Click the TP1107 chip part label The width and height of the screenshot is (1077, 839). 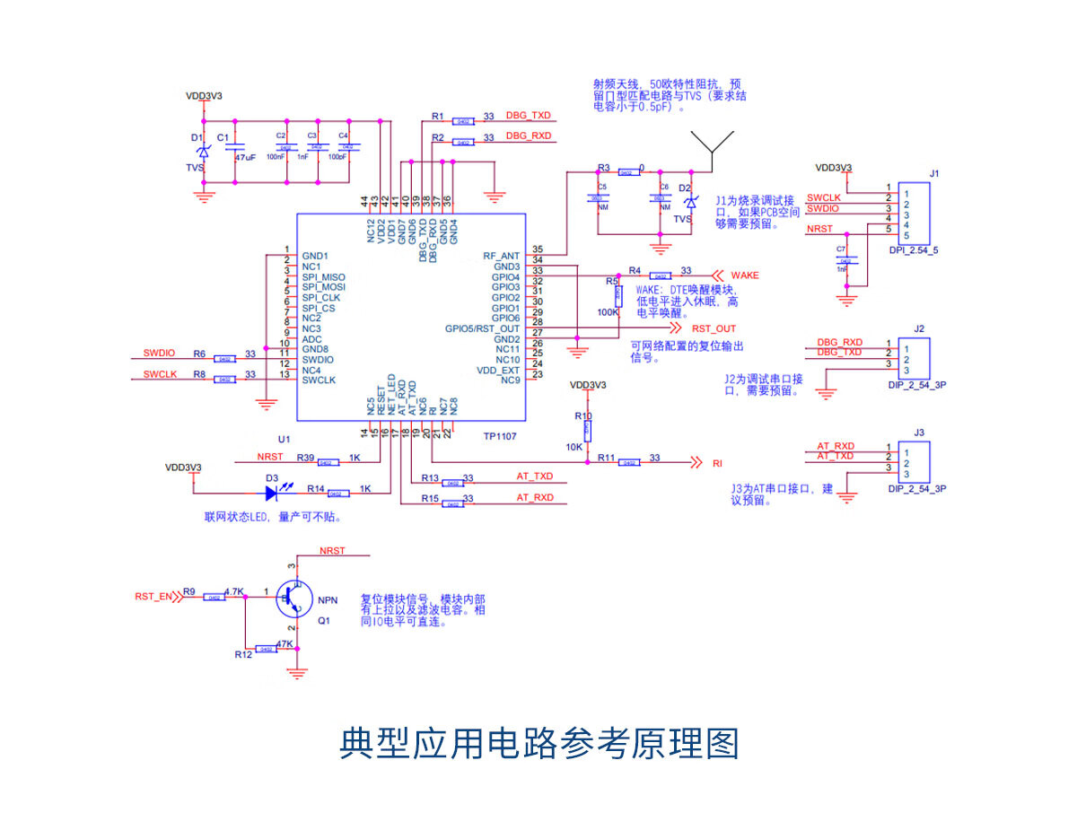point(500,436)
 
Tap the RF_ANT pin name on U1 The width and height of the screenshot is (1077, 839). point(501,256)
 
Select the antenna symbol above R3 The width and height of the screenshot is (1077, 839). point(713,147)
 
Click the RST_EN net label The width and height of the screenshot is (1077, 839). point(153,596)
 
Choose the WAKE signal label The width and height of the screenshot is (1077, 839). point(744,275)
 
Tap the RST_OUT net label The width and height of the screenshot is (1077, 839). point(714,328)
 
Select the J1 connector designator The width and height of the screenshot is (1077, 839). point(934,173)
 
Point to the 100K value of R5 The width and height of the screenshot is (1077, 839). point(608,312)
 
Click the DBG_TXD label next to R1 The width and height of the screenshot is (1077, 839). point(529,116)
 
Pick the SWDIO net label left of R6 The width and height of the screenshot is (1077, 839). point(160,353)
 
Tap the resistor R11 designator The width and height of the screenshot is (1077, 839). point(607,458)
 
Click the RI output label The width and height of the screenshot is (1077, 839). point(717,464)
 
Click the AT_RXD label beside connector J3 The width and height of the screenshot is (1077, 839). point(836,446)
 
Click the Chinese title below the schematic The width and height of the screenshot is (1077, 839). point(538,744)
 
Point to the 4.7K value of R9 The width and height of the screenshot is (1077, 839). point(234,591)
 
